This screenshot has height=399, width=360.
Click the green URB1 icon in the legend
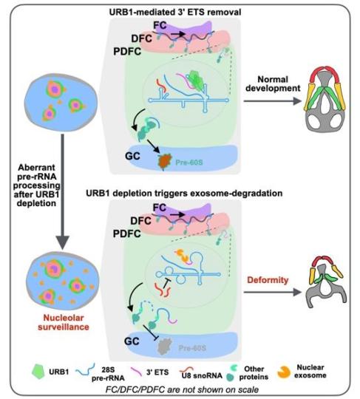[x=38, y=372]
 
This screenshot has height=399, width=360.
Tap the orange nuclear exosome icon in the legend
[x=284, y=372]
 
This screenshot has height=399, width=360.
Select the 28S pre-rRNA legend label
[x=108, y=374]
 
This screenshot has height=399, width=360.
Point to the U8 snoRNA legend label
[x=202, y=375]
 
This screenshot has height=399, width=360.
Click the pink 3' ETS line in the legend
[x=136, y=372]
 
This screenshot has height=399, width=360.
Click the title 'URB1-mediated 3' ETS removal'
[x=175, y=12]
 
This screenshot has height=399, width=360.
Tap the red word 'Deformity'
[x=268, y=280]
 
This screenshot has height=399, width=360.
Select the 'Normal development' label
[x=273, y=83]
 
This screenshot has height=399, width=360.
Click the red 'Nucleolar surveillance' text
[x=64, y=322]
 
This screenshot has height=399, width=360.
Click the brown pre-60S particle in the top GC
[x=165, y=161]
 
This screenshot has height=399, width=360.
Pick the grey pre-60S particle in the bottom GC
[x=164, y=346]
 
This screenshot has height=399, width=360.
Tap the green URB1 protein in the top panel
[x=195, y=80]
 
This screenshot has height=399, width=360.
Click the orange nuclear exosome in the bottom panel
[x=183, y=256]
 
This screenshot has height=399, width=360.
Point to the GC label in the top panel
[x=132, y=156]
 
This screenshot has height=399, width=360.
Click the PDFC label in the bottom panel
[x=127, y=233]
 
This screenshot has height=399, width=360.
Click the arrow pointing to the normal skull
[x=273, y=101]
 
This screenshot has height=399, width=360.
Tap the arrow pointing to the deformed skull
[x=273, y=292]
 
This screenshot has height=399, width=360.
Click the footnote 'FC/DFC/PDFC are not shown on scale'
[x=182, y=389]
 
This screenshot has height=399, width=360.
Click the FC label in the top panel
[x=160, y=25]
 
